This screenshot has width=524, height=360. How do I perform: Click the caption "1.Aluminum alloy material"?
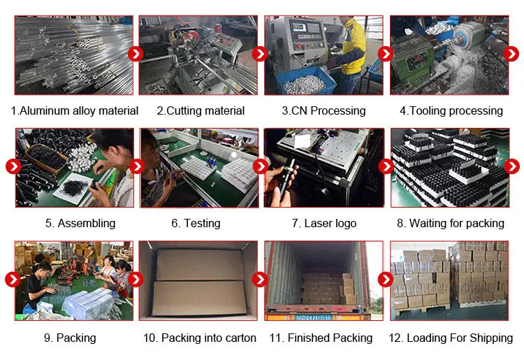pyautogui.click(x=75, y=110)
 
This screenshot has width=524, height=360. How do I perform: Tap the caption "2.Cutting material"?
pyautogui.click(x=201, y=110)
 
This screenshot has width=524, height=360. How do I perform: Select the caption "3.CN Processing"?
pyautogui.click(x=323, y=110)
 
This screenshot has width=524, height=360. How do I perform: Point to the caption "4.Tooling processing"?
pyautogui.click(x=451, y=110)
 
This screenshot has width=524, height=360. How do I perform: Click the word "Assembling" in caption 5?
pyautogui.click(x=87, y=223)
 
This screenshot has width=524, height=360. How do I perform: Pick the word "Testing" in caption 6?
pyautogui.click(x=202, y=223)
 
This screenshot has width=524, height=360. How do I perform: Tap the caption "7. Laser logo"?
pyautogui.click(x=324, y=223)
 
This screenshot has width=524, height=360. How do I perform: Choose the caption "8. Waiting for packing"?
pyautogui.click(x=451, y=223)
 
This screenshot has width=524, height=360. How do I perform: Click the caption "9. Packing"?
pyautogui.click(x=70, y=338)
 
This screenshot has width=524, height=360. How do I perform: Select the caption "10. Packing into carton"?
pyautogui.click(x=200, y=338)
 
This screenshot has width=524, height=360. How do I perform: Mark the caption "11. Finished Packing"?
pyautogui.click(x=321, y=338)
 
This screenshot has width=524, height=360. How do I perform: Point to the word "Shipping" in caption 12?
pyautogui.click(x=491, y=338)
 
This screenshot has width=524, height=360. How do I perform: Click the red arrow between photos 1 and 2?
pyautogui.click(x=136, y=54)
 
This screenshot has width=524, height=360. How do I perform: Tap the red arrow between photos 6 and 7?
pyautogui.click(x=261, y=166)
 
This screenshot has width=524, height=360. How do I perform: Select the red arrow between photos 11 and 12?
pyautogui.click(x=385, y=280)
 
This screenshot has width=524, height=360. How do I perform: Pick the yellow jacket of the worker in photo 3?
pyautogui.click(x=354, y=46)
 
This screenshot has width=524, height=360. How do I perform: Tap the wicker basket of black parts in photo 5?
pyautogui.click(x=46, y=158)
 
